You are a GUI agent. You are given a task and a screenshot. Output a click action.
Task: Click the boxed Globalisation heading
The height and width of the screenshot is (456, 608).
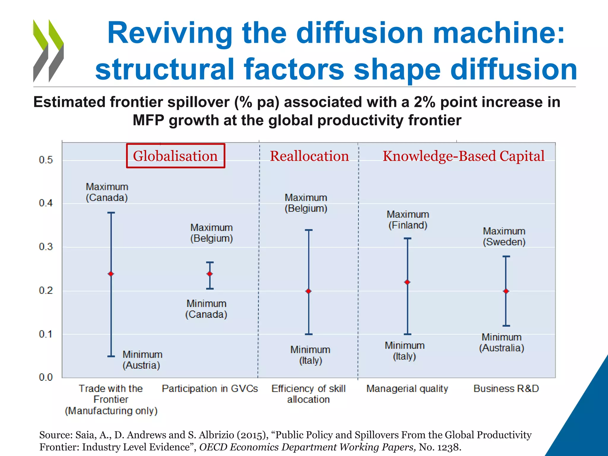point(175,156)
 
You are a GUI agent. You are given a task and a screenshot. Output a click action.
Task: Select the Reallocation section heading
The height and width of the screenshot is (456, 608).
point(309,156)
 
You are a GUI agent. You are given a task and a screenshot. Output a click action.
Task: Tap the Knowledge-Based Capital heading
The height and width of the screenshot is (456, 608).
point(463,156)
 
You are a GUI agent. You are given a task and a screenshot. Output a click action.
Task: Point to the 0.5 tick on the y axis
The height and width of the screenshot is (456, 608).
point(46,160)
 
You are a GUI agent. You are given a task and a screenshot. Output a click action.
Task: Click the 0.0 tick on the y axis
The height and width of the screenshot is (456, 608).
point(46,377)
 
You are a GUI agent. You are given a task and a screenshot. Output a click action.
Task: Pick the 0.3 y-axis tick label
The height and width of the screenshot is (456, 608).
point(46,247)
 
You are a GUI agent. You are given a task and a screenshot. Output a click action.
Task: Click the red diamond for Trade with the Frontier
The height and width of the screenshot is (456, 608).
point(111,274)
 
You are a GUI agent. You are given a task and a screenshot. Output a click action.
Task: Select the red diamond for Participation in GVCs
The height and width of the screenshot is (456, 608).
point(210,274)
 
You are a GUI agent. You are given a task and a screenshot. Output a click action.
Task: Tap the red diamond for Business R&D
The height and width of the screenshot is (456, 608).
point(506,291)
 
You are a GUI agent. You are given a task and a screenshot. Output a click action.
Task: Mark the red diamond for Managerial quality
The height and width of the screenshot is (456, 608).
point(407,282)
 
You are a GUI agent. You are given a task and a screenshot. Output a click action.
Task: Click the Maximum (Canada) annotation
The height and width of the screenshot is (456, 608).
point(107,192)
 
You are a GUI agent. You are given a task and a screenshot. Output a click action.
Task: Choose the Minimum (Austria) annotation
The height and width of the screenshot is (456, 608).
point(142,360)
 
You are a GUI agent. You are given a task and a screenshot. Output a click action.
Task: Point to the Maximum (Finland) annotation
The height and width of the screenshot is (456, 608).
point(408,220)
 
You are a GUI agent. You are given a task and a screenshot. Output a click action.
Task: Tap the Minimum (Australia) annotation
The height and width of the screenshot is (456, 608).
point(501,343)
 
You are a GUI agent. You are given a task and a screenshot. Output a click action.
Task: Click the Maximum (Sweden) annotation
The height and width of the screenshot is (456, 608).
point(504,236)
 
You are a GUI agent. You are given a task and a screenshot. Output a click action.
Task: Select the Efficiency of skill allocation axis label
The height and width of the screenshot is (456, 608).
point(308,394)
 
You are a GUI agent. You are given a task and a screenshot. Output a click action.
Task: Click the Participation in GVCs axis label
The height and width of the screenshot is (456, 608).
point(210,389)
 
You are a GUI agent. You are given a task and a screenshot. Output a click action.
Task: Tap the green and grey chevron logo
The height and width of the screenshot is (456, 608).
point(48,51)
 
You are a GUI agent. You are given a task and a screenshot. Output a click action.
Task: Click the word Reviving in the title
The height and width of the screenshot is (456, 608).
point(170,33)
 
